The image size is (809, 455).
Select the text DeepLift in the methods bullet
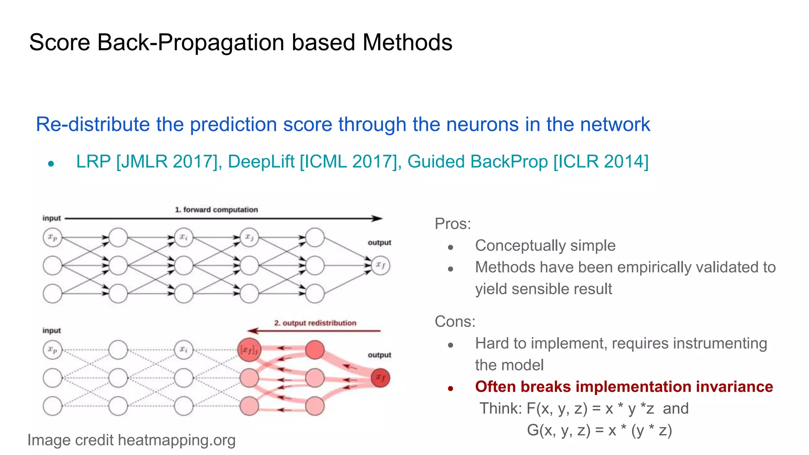[x=261, y=162]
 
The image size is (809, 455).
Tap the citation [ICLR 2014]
[x=601, y=162]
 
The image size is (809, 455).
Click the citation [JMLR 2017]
[x=166, y=162]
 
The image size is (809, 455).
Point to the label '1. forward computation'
[x=216, y=210]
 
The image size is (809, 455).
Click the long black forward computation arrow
[x=223, y=218]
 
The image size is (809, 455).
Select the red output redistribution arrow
[x=314, y=331]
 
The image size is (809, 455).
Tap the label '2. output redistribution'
[x=315, y=323]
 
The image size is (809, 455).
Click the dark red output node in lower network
[x=380, y=378]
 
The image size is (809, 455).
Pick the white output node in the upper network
[x=380, y=265]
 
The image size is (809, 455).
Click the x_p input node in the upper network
[x=53, y=238]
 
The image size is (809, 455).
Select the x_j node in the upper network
[x=249, y=237]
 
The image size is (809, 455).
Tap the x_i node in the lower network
[x=184, y=350]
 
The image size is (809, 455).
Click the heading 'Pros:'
[x=453, y=224]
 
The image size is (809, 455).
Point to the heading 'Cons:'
[x=455, y=322]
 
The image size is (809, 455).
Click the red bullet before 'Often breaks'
[x=450, y=389]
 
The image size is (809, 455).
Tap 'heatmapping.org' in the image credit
[x=177, y=440]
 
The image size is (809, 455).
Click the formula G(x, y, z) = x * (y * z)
[x=599, y=430]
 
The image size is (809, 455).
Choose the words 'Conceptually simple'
[x=545, y=246]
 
